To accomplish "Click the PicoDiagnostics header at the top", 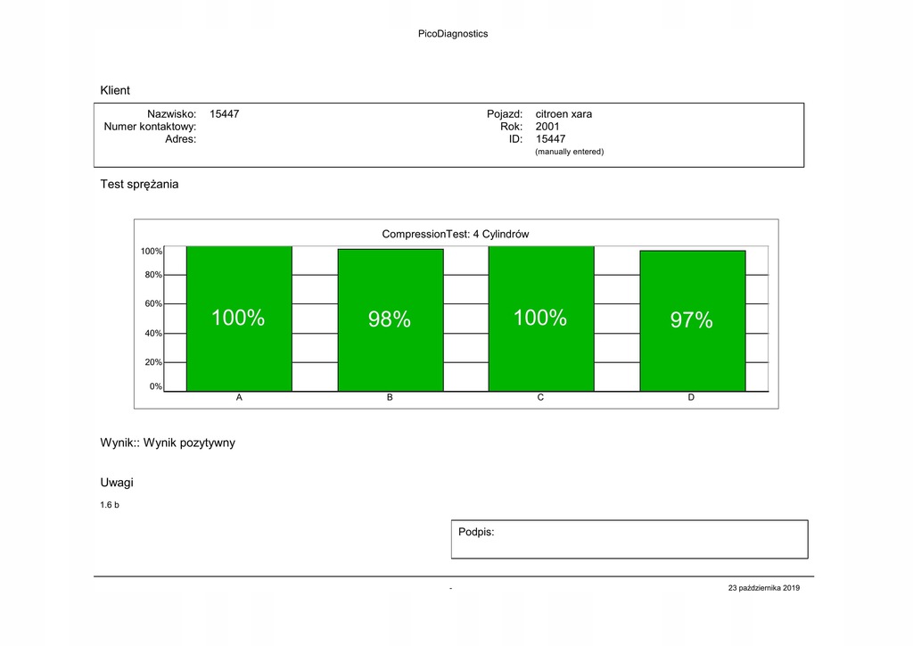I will (453, 34).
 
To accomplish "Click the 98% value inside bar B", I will (390, 319).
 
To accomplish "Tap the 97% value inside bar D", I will (692, 320).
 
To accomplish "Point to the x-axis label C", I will (540, 398).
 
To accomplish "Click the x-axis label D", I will (691, 398).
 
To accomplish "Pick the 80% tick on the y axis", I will (153, 275).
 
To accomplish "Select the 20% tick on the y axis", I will (153, 362).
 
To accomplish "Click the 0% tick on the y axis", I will (156, 387).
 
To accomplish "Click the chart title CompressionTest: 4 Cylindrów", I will (456, 234).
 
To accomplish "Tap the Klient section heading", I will (115, 90).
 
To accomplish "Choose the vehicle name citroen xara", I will (563, 114).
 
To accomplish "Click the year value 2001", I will (547, 127).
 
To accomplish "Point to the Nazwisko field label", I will (171, 114).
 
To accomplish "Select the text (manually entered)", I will (569, 152).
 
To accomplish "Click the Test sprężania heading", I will (139, 185).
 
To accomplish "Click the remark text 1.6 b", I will (110, 506).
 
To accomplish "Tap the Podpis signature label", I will (476, 532).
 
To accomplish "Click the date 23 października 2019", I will (764, 588).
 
